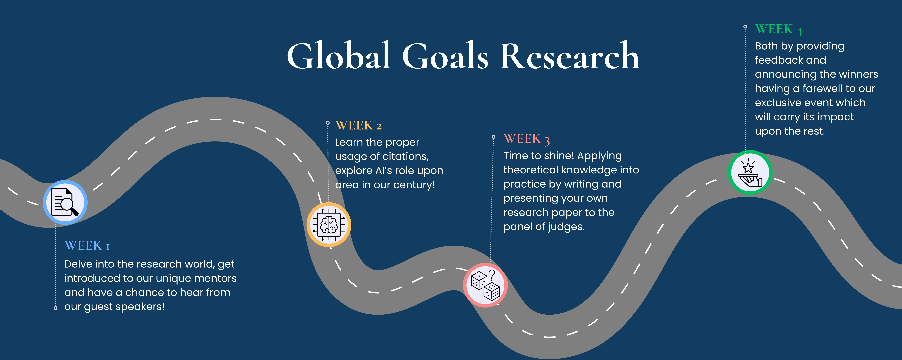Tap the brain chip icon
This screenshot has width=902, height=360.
click(x=328, y=225)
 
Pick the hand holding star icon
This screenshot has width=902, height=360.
click(x=750, y=172)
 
